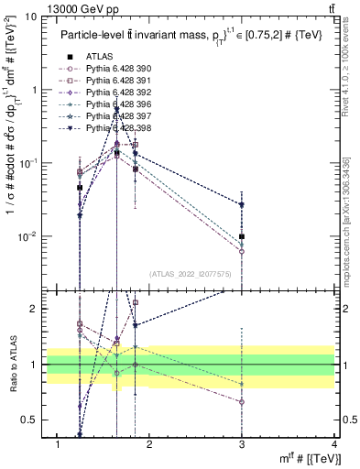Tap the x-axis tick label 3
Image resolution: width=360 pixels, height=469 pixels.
pyautogui.click(x=242, y=444)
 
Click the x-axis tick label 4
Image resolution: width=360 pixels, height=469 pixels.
pyautogui.click(x=334, y=444)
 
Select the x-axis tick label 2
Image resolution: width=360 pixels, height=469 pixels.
pyautogui.click(x=149, y=444)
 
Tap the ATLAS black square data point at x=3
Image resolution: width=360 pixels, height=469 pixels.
pyautogui.click(x=242, y=236)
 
